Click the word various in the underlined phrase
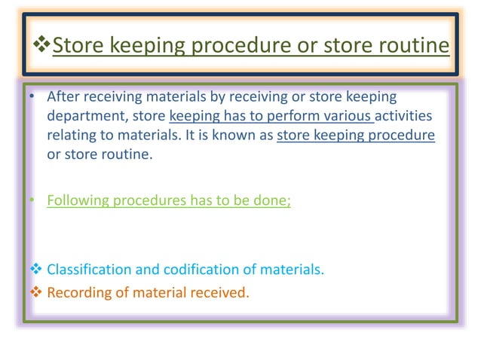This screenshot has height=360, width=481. (x=348, y=117)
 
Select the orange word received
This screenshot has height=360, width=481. (x=219, y=293)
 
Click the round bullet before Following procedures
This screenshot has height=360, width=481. (x=32, y=201)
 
